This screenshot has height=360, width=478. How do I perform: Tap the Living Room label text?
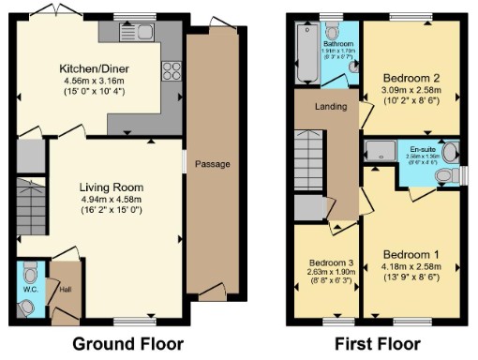click(x=111, y=187)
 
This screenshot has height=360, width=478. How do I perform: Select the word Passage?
click(x=212, y=164)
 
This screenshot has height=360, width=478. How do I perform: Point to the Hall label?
click(x=65, y=289)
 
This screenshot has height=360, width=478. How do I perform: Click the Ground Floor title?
click(x=127, y=343)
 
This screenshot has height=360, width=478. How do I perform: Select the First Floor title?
click(x=379, y=343)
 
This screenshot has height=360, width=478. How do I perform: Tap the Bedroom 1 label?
click(x=411, y=255)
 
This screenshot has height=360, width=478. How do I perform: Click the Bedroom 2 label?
click(x=411, y=78)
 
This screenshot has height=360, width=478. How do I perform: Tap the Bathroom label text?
click(x=338, y=44)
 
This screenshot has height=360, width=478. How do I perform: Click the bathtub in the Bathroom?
click(x=307, y=52)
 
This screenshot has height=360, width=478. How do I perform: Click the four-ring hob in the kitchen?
click(x=172, y=71)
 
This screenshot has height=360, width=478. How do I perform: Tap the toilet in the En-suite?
click(x=451, y=153)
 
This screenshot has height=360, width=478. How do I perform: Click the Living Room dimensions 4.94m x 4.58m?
click(x=111, y=199)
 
